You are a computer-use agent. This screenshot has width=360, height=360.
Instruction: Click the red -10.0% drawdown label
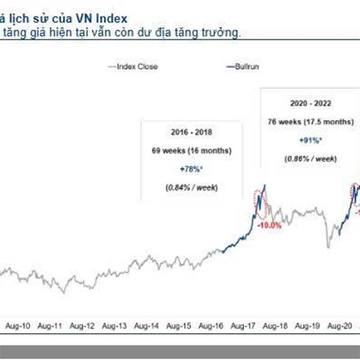[269, 226]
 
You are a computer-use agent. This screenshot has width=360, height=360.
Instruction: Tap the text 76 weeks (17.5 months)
[305, 121]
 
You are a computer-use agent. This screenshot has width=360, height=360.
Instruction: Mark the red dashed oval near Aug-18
[260, 206]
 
